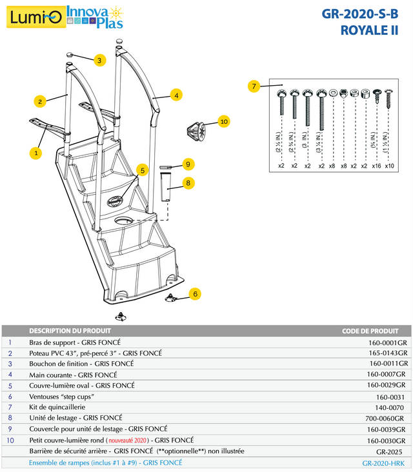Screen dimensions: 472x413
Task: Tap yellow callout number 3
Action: tap(99, 61)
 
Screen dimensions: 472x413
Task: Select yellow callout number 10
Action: tap(224, 121)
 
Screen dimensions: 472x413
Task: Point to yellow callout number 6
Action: tap(194, 293)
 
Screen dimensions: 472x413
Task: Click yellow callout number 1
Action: tap(35, 153)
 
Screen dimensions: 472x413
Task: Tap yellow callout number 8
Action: tap(188, 182)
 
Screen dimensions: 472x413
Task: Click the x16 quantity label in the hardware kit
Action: tap(377, 166)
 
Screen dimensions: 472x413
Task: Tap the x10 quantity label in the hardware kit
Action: tap(389, 166)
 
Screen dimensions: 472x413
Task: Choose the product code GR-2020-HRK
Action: tap(384, 463)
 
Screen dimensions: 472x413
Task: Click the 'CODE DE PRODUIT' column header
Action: tap(374, 331)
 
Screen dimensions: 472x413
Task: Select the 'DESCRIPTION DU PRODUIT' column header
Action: tap(70, 331)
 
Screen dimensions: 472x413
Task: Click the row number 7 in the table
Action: tap(10, 408)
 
